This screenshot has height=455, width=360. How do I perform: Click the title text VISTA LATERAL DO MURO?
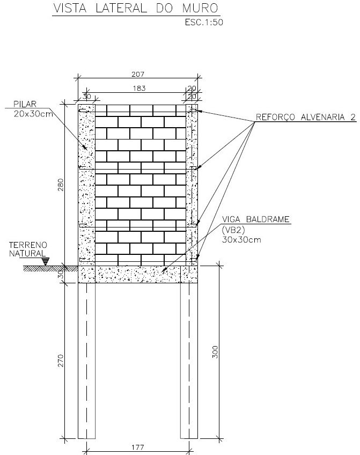136,9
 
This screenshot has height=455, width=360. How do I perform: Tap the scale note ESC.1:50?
204,23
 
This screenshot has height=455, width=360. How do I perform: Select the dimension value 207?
138,74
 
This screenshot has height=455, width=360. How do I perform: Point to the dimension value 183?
139,88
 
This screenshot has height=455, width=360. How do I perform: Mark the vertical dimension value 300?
215,351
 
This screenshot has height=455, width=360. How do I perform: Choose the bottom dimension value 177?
137,447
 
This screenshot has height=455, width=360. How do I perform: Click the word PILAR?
25,104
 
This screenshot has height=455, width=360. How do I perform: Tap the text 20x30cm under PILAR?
33,114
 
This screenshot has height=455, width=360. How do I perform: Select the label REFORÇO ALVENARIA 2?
305,117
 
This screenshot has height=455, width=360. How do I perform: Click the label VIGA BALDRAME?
256,219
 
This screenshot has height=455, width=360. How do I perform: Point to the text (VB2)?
233,230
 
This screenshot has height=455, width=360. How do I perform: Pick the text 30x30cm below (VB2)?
241,240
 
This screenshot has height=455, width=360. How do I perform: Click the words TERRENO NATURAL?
28,249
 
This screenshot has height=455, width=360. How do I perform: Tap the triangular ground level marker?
46,261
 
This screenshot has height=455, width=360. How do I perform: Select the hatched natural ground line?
47,268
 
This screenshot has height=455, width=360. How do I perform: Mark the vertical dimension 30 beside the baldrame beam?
61,275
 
